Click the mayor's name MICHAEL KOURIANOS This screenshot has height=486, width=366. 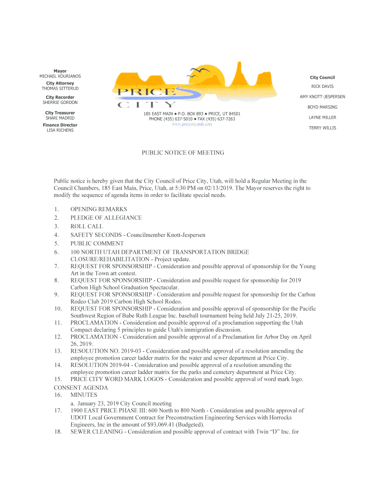pos(60,76)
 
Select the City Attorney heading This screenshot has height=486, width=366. pos(60,83)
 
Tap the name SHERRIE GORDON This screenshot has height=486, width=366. pos(60,103)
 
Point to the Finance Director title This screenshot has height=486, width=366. pos(60,125)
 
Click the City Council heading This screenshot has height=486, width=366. pos(322,77)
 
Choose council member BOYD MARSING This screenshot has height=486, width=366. pos(322,107)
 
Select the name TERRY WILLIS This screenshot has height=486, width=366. pos(322,128)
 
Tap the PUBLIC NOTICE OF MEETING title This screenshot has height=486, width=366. pos(183,153)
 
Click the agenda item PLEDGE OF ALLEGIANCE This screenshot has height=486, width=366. pos(106,218)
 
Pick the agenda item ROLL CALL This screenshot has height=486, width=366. pos(87,226)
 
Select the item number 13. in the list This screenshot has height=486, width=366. pos(58,351)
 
